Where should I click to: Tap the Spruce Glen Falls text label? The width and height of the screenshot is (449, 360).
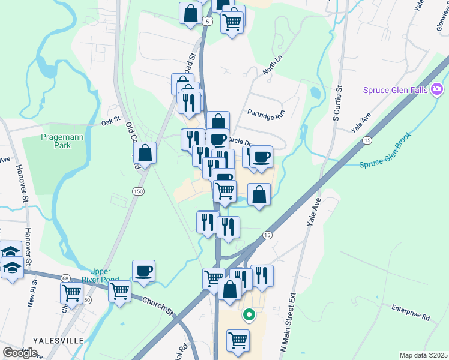pos(395,91)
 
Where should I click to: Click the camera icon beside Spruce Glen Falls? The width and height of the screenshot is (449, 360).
pos(437,90)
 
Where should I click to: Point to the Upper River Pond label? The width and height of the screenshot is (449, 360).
pos(109,275)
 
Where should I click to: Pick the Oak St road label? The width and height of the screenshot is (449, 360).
pos(111,120)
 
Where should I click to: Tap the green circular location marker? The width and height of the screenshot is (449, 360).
pos(247,314)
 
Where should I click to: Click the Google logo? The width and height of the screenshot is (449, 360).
pos(20,353)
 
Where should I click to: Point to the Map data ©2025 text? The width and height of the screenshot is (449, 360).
pos(424,355)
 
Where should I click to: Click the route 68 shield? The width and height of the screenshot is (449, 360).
pos(65,278)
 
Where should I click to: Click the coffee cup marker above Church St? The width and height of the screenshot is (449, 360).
pos(144,271)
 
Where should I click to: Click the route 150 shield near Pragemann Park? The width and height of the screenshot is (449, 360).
pos(139,191)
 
